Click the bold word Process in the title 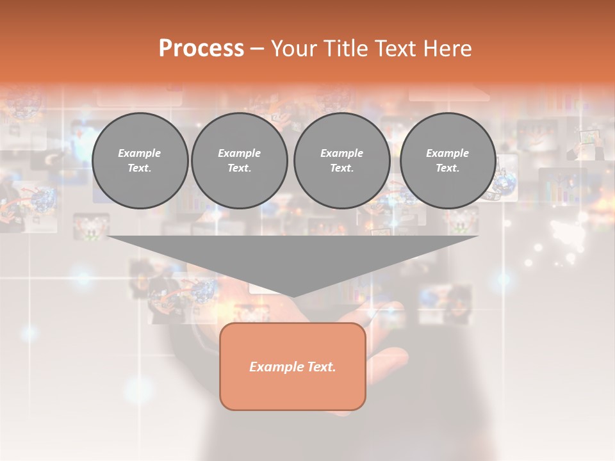tap(201, 49)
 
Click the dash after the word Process tap(257, 49)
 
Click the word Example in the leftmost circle tap(139, 153)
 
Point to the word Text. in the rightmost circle tap(447, 168)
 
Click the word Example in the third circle tap(341, 153)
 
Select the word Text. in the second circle tap(239, 168)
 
